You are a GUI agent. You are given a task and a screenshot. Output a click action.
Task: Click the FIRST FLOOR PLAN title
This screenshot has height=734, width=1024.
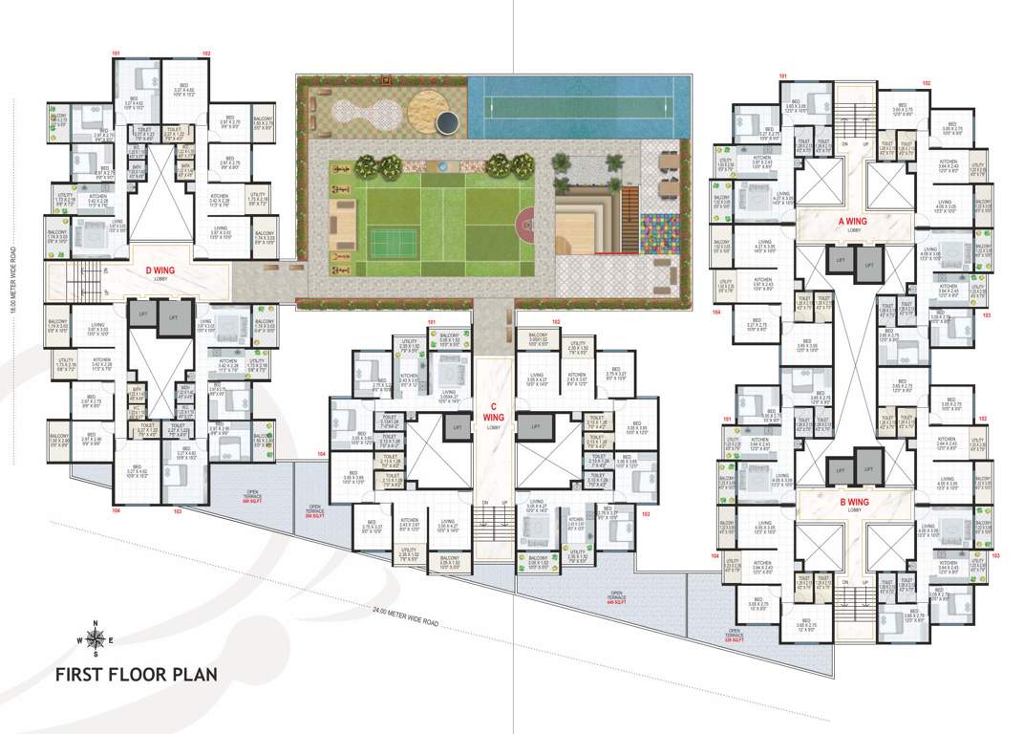coord(136,673)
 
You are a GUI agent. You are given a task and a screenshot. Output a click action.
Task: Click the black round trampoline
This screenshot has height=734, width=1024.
coord(446,122)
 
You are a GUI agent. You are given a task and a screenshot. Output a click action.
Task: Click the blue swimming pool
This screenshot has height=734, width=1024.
coord(577,106)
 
